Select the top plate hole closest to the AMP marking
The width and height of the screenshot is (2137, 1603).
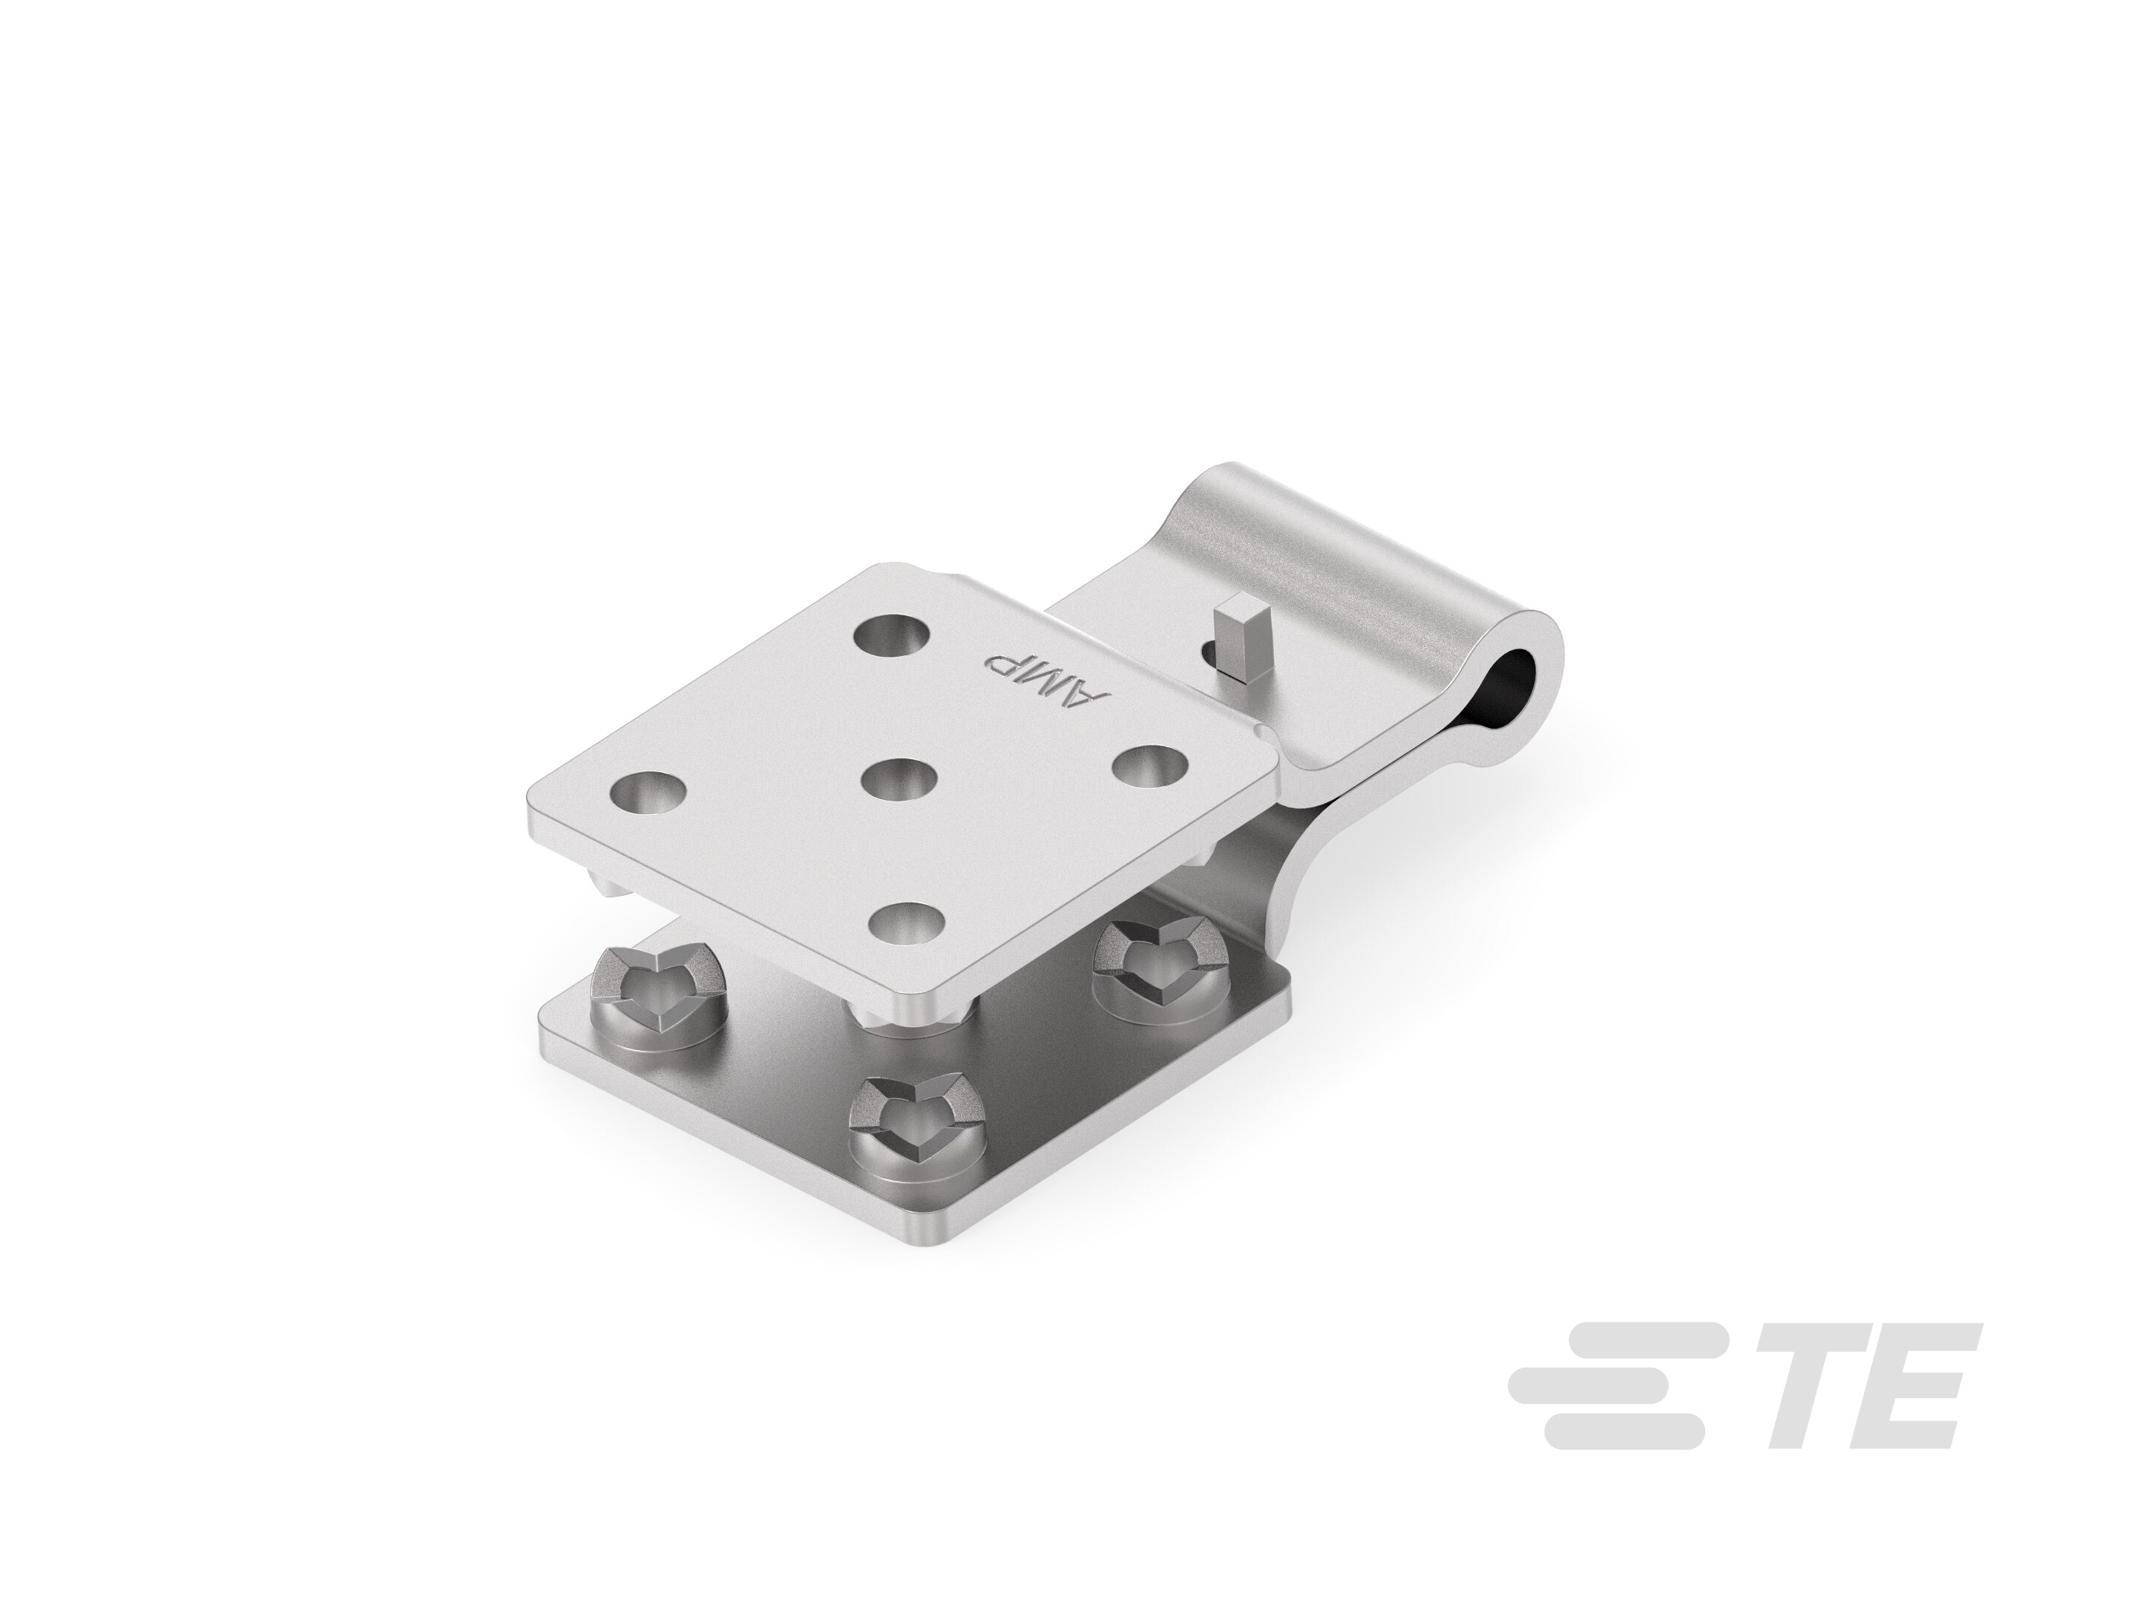tap(892, 639)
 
